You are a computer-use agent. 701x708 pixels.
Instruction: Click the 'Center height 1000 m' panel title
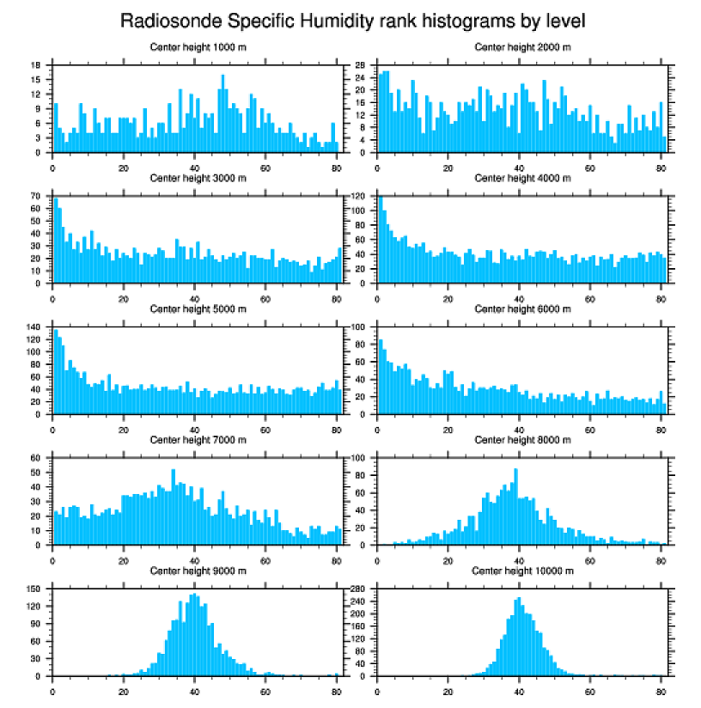(198, 47)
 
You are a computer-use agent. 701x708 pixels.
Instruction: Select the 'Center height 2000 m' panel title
(522, 47)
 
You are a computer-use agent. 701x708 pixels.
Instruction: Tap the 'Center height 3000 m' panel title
(198, 178)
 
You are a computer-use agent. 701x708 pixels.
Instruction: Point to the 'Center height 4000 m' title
(522, 178)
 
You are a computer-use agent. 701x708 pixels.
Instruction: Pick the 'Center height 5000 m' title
(198, 308)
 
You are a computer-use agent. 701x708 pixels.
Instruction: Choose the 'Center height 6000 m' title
(522, 308)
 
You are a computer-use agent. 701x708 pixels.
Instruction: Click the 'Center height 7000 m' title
(198, 439)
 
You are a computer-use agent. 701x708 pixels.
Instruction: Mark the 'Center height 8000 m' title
(522, 439)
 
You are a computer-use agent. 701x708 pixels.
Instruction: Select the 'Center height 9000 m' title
(198, 571)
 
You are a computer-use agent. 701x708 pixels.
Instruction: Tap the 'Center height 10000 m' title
(522, 571)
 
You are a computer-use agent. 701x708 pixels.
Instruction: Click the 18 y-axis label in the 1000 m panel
(36, 65)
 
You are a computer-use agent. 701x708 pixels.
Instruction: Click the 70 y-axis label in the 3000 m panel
(36, 196)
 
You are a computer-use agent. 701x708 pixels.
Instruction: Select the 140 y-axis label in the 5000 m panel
(34, 327)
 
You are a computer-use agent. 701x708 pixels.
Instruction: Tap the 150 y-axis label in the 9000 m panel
(34, 589)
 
